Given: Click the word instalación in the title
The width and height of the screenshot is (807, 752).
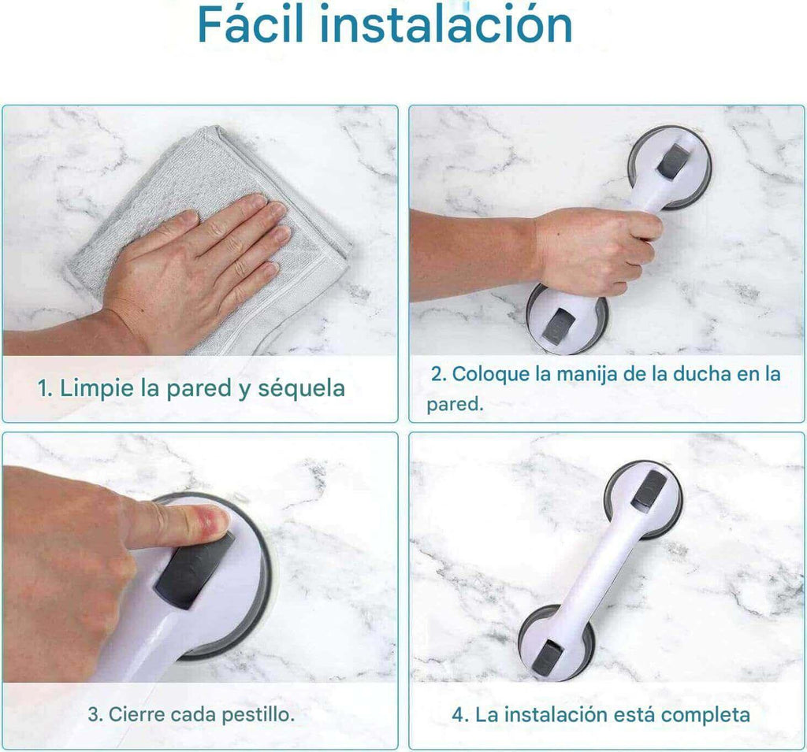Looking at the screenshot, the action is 446,24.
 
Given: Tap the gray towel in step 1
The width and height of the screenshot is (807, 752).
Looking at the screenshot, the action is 216,206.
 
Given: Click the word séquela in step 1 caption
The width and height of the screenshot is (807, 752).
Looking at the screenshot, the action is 301,387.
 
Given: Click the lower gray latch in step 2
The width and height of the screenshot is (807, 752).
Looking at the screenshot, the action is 559,328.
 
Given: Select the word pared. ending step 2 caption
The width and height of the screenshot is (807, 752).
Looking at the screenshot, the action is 455,404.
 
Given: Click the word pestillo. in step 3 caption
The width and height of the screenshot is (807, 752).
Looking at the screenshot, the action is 258,714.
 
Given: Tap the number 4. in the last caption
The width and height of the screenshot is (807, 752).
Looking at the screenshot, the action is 460,714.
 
